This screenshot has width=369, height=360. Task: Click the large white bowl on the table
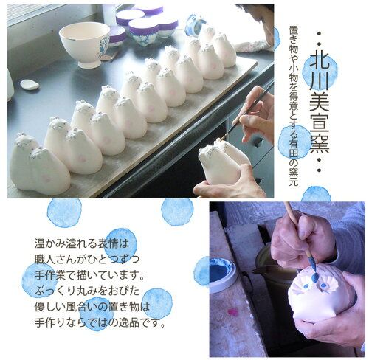click(x=84, y=44)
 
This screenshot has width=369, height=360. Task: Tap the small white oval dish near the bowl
click(x=30, y=84)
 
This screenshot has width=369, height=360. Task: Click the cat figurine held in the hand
click(x=219, y=162)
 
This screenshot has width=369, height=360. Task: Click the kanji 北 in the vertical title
click(x=320, y=63)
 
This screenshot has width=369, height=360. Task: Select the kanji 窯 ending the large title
click(x=320, y=142)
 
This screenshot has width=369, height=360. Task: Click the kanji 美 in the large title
click(x=320, y=103)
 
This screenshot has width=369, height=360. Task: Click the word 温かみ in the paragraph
click(x=50, y=243)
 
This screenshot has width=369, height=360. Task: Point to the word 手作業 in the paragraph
click(x=50, y=275)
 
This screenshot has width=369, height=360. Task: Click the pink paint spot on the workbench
click(x=232, y=311)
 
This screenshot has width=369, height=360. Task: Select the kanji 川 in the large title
click(x=320, y=83)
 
